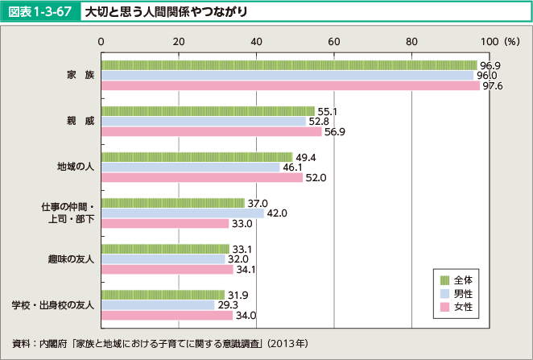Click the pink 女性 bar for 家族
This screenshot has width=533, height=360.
(290, 86)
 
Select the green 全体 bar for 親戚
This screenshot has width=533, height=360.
(208, 110)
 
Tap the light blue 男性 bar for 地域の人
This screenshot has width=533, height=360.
(190, 167)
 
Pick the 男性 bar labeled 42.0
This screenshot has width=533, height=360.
(182, 213)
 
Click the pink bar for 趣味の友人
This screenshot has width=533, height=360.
(167, 269)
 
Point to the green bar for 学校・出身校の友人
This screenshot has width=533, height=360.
(163, 294)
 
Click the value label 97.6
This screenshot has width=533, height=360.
(491, 86)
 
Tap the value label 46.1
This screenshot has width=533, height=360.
(293, 167)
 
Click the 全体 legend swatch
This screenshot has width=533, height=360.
(443, 279)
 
